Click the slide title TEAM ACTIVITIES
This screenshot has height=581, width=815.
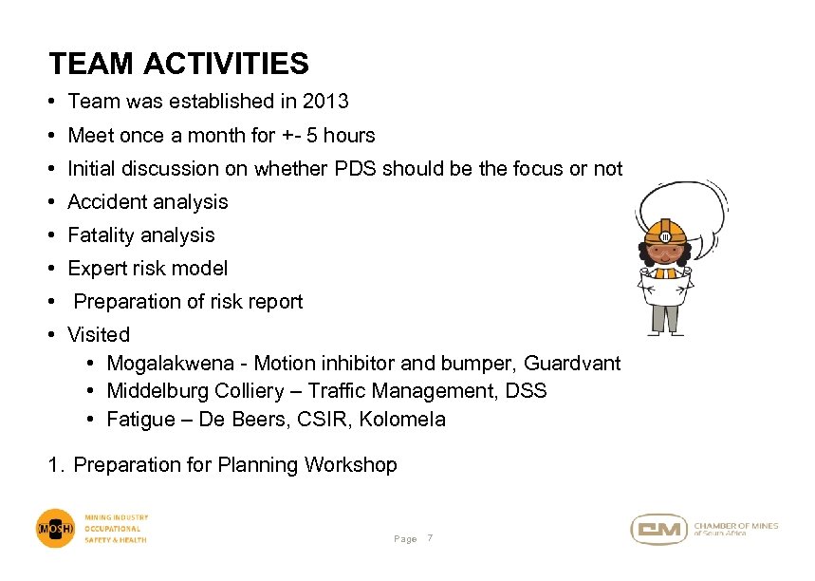click(178, 64)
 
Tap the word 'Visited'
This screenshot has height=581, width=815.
click(99, 335)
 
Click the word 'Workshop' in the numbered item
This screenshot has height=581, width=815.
click(350, 465)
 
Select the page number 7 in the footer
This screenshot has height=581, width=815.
click(430, 539)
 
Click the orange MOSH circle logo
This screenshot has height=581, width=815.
click(56, 529)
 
